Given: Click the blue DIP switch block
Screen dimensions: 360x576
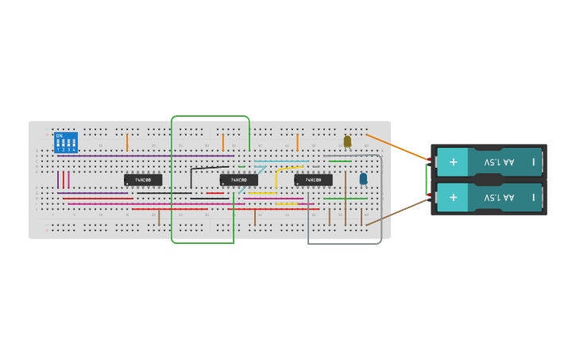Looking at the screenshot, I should [65, 143].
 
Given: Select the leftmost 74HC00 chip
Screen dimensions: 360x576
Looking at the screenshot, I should [143, 180].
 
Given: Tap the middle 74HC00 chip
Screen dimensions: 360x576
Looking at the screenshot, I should [238, 180].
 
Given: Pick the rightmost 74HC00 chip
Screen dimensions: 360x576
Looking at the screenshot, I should [313, 180].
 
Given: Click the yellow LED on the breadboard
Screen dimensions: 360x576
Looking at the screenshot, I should [347, 141].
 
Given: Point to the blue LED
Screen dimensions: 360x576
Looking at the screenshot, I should [363, 179].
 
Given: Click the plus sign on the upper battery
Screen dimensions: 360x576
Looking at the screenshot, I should [453, 162].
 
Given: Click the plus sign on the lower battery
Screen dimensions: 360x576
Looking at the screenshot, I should [453, 196].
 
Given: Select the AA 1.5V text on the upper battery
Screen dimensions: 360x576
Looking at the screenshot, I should [499, 162].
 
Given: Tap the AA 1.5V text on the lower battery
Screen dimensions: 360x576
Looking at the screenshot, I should [499, 197].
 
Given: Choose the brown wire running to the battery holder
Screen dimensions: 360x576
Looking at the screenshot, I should [397, 211].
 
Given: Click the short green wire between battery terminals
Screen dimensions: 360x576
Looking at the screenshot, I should [427, 179].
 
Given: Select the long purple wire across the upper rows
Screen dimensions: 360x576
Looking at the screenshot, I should [143, 156].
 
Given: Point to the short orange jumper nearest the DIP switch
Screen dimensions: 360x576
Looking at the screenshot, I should [127, 142].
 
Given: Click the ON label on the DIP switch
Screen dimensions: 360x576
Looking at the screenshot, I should [60, 136].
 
